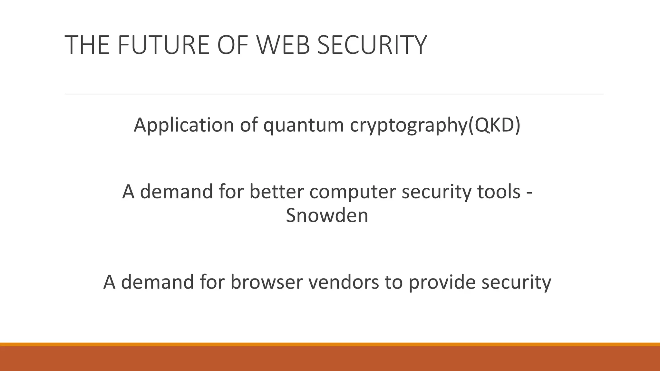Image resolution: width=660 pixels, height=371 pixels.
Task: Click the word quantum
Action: (x=304, y=125)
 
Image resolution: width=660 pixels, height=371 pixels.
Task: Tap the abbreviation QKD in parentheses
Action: (x=495, y=125)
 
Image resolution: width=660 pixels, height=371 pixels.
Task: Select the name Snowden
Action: (x=327, y=215)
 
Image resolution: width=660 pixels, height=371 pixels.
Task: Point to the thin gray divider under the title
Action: (x=334, y=94)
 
